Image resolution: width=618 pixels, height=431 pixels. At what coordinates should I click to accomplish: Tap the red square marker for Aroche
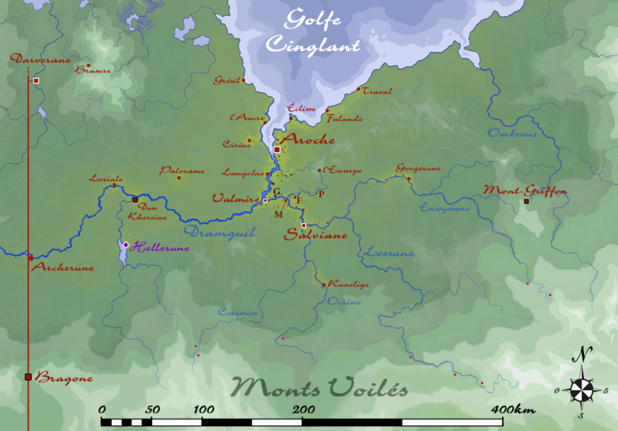click(277, 150)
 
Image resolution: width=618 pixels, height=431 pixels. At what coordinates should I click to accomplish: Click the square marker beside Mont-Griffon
click(527, 202)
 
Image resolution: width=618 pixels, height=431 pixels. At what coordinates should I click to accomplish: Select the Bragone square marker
click(29, 377)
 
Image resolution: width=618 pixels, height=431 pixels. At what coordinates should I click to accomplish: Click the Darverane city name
click(39, 59)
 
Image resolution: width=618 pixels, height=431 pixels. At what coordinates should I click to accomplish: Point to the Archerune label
click(63, 268)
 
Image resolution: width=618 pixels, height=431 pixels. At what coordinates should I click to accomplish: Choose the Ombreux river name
click(511, 134)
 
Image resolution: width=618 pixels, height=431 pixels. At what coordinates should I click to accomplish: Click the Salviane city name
click(316, 234)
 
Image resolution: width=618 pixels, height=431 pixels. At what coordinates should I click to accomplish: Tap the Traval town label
click(377, 91)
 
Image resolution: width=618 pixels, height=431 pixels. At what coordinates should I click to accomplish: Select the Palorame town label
click(182, 170)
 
